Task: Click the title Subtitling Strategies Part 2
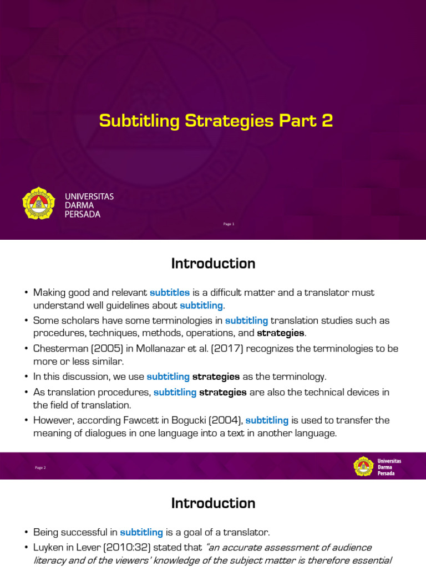(x=216, y=121)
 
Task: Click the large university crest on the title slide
(x=39, y=203)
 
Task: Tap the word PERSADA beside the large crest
(x=83, y=214)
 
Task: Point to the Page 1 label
(x=229, y=224)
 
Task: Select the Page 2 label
(x=40, y=467)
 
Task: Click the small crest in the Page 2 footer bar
(x=363, y=466)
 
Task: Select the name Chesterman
(x=56, y=349)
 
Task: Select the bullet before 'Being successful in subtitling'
(x=26, y=533)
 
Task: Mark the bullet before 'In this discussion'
(x=26, y=377)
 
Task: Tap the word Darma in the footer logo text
(x=385, y=467)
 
